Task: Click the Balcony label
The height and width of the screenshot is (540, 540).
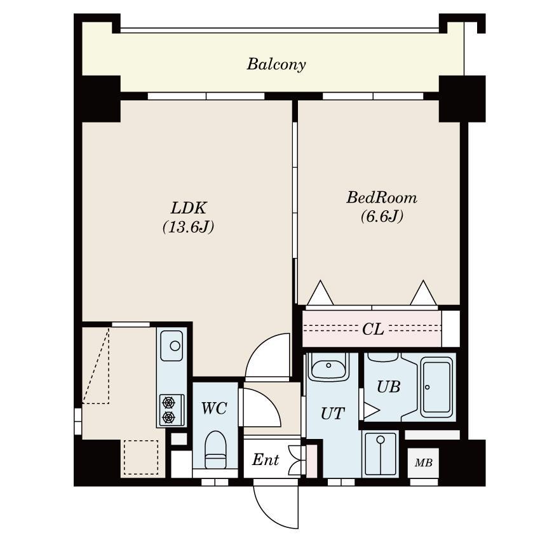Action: tap(276, 64)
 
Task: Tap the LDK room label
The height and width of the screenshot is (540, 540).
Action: tap(189, 208)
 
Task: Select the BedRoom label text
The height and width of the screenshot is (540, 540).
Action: tap(382, 198)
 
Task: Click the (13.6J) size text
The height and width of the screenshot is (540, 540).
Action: tap(189, 227)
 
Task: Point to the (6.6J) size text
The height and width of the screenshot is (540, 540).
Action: tap(382, 216)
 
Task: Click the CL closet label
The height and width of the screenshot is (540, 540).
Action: tap(373, 329)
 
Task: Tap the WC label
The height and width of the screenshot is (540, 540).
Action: tap(214, 408)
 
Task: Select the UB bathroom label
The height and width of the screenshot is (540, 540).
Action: tap(388, 387)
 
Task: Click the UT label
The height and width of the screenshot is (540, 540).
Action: tap(332, 414)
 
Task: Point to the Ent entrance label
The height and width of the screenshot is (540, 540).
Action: tap(265, 460)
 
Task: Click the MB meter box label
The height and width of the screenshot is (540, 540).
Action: tap(423, 463)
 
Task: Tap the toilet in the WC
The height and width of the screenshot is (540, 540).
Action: tap(215, 450)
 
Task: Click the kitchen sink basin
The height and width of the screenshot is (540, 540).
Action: tap(172, 346)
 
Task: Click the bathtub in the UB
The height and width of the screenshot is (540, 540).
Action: tap(436, 387)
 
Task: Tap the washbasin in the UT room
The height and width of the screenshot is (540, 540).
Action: tap(328, 367)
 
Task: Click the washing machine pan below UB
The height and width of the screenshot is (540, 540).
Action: tap(380, 454)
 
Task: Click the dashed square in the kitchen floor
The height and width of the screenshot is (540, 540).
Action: tap(141, 457)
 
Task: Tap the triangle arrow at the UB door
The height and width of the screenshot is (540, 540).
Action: tap(371, 410)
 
